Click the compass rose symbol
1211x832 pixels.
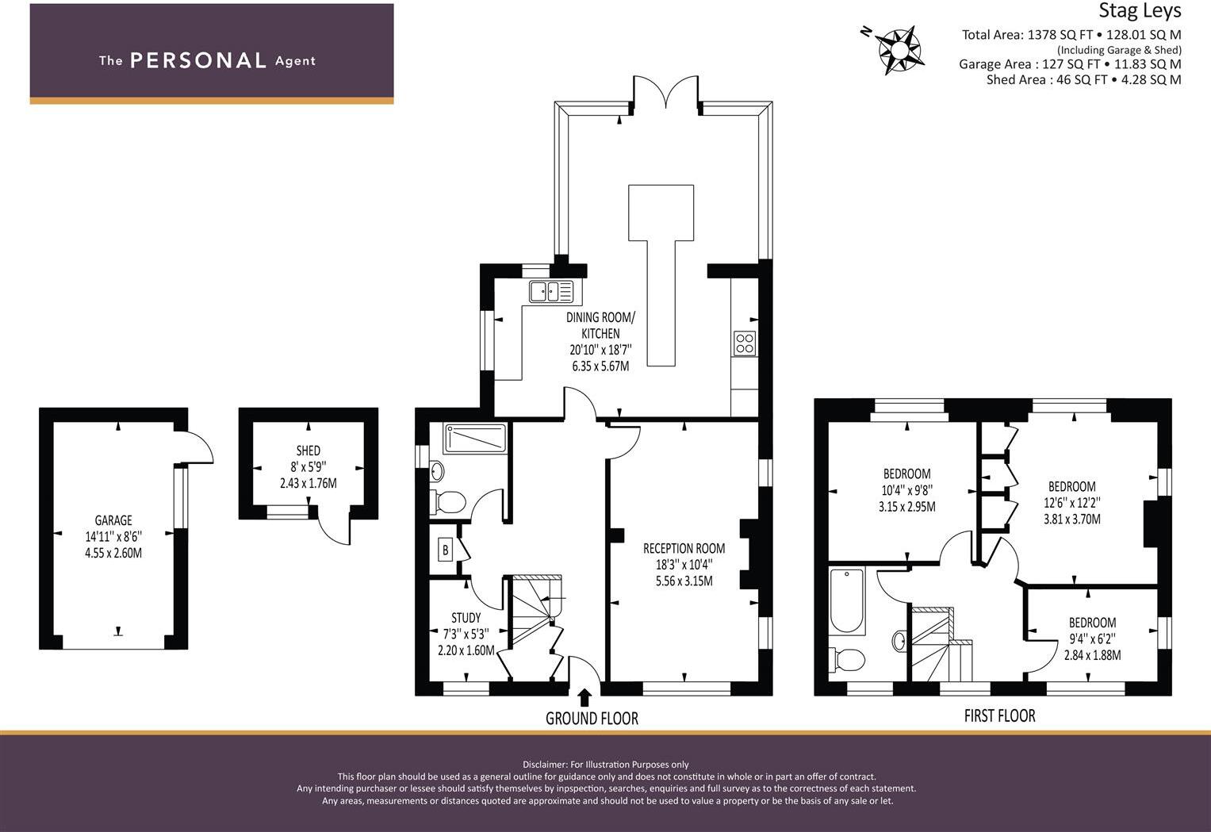coord(899,49)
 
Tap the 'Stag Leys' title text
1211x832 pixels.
coord(1139,11)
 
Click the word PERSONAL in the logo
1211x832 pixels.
coord(197,60)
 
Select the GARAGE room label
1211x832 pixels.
coord(113,520)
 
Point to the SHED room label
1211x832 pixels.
coord(308,451)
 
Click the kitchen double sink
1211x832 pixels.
coord(551,292)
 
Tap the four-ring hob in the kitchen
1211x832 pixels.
coord(745,343)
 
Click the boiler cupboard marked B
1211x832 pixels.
coord(445,550)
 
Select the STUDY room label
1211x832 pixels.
coord(466,618)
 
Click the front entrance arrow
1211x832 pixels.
coord(584,697)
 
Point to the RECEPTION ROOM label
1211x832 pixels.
coord(684,548)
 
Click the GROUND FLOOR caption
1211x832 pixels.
coord(592,719)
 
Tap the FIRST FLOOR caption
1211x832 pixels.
coord(999,715)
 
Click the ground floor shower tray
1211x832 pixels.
coord(474,439)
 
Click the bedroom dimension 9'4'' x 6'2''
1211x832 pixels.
coord(1092,639)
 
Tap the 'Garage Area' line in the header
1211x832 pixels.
coord(1069,64)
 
